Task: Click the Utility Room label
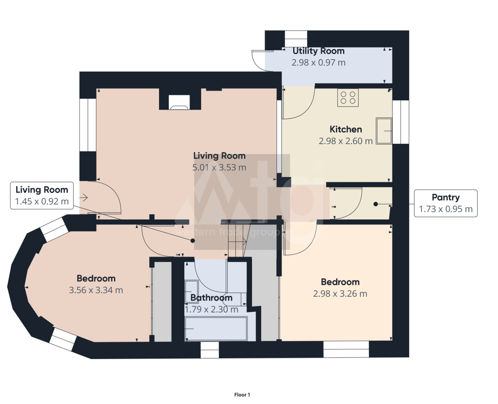pos(318,51)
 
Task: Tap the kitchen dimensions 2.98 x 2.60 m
pos(346,141)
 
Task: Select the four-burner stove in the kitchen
pos(348,98)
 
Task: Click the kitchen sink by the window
pos(384,131)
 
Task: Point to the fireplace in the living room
pos(179,102)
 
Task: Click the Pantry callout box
pos(446,203)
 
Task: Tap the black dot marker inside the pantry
pos(375,204)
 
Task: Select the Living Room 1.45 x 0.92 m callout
pos(42,196)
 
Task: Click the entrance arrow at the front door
pos(84,198)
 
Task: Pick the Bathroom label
pos(211,298)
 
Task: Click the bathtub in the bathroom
pos(216,328)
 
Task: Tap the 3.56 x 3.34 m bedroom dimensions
pos(96,290)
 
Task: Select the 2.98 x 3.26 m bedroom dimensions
pos(340,294)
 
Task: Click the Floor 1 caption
pos(242,395)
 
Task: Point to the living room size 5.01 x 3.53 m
pos(219,167)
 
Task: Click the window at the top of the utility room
pos(296,39)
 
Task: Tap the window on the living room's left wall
pos(88,125)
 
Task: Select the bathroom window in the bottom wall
pos(210,349)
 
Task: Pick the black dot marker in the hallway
pos(192,240)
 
